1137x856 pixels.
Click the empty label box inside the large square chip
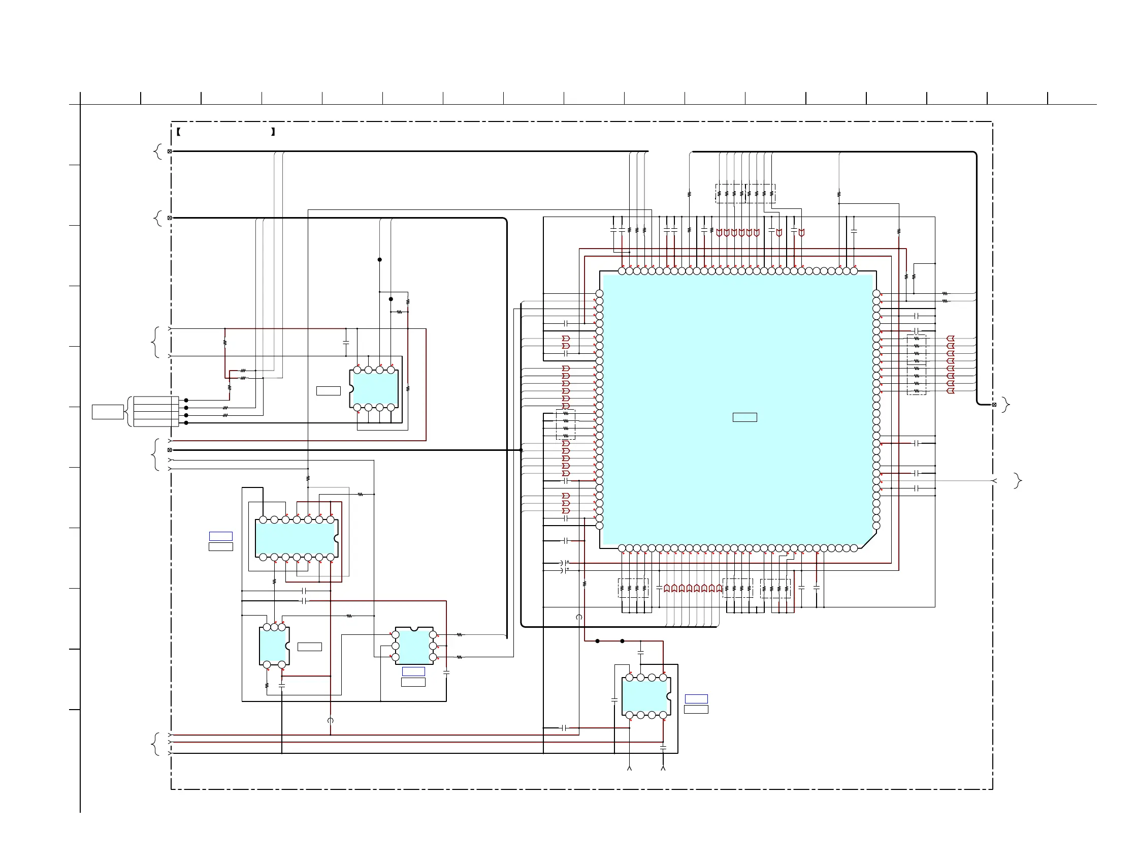point(744,417)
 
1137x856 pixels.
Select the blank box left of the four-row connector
point(108,412)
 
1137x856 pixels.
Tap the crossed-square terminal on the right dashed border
point(994,405)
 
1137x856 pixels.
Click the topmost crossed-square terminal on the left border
point(170,151)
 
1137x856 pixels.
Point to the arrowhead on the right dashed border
point(994,481)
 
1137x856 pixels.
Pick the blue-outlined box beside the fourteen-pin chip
point(220,536)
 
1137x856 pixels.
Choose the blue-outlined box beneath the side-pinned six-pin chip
point(413,671)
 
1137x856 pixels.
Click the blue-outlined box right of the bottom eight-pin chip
point(696,698)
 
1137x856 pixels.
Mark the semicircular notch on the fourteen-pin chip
point(337,539)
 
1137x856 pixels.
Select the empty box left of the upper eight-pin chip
point(328,391)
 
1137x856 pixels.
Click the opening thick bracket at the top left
point(178,132)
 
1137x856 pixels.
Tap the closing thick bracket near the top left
point(273,132)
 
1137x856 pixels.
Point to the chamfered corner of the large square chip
point(868,540)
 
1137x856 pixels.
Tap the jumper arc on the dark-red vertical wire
point(331,720)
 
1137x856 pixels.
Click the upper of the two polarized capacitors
point(564,563)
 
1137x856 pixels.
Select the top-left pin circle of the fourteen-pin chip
point(263,519)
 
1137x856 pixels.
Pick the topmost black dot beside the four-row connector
point(186,400)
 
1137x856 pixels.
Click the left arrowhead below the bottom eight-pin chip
point(629,768)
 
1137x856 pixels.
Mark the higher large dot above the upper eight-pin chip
point(380,260)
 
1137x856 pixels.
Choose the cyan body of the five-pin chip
point(272,646)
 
